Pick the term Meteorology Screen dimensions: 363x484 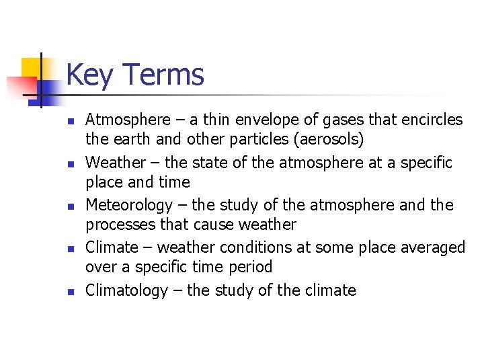click(129, 205)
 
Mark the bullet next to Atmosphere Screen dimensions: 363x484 click(70, 122)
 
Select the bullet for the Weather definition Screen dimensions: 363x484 click(70, 164)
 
